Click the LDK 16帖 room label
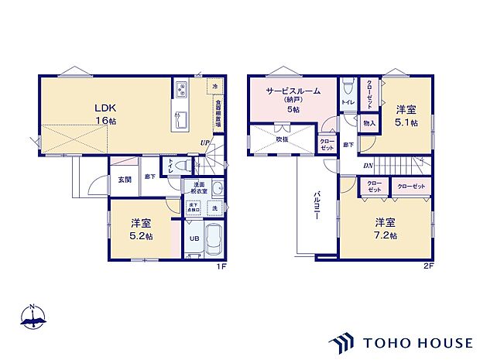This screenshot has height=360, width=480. pyautogui.click(x=105, y=115)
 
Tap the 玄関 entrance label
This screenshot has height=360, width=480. pyautogui.click(x=124, y=180)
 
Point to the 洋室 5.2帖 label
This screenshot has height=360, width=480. pyautogui.click(x=140, y=229)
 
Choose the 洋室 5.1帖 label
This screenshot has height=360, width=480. pyautogui.click(x=406, y=115)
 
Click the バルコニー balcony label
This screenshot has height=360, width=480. pyautogui.click(x=317, y=207)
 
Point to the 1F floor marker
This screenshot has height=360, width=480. pyautogui.click(x=221, y=267)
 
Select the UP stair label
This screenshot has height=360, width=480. pyautogui.click(x=204, y=142)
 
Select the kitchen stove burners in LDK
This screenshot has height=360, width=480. pyautogui.click(x=180, y=89)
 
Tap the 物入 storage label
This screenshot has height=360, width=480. pyautogui.click(x=369, y=123)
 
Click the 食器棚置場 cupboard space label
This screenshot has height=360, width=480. pyautogui.click(x=218, y=113)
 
